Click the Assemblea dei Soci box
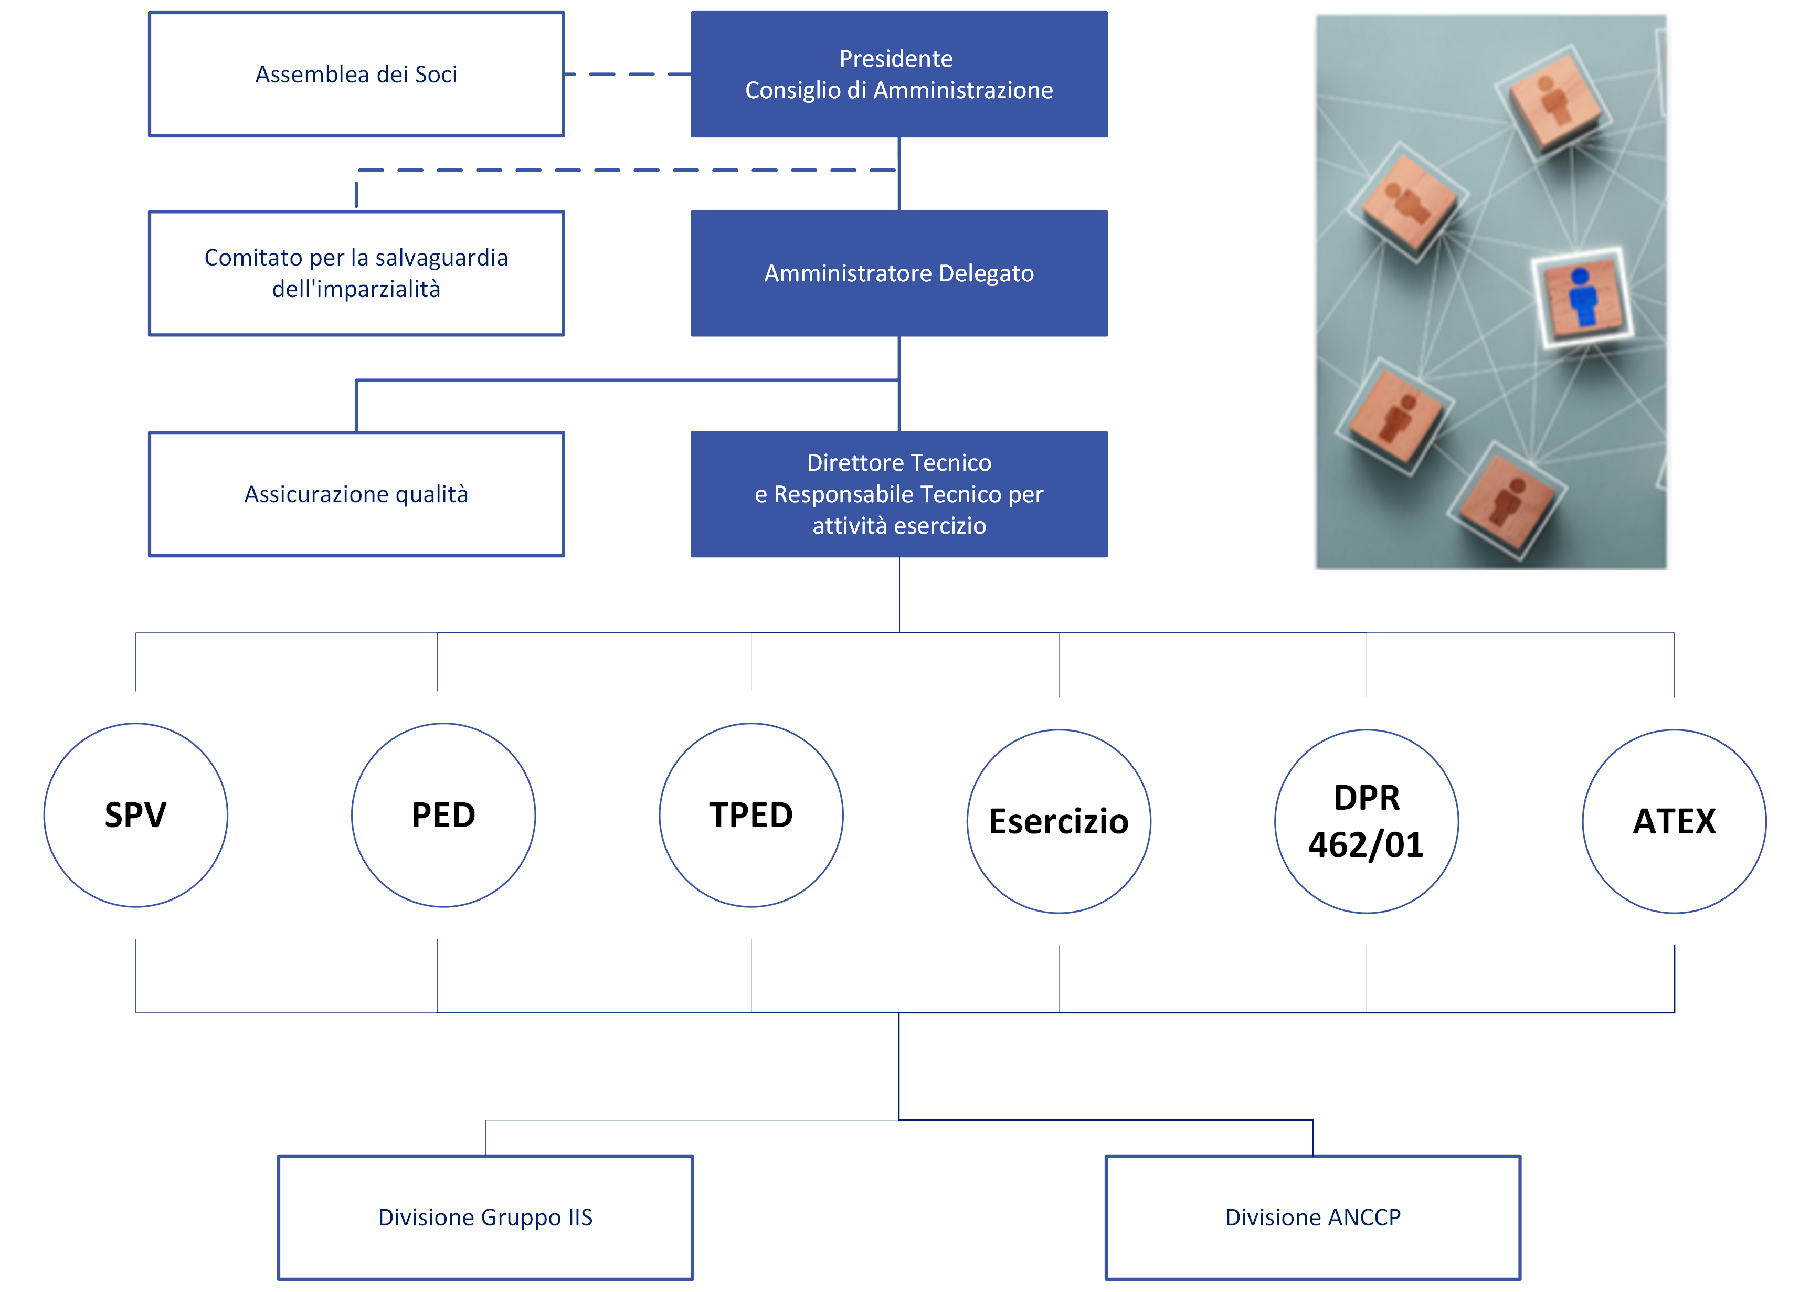coord(356,74)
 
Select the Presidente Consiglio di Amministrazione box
coord(898,74)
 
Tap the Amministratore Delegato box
coord(898,273)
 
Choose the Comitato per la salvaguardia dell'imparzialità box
coord(356,273)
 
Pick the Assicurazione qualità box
coord(356,494)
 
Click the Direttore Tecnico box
coord(898,494)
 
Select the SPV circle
coord(136,814)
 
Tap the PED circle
coord(443,814)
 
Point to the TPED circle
coord(751,814)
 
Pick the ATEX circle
coord(1674,821)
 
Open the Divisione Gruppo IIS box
coord(485,1217)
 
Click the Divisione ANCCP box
coord(1312,1217)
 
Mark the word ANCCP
coord(1363,1217)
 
